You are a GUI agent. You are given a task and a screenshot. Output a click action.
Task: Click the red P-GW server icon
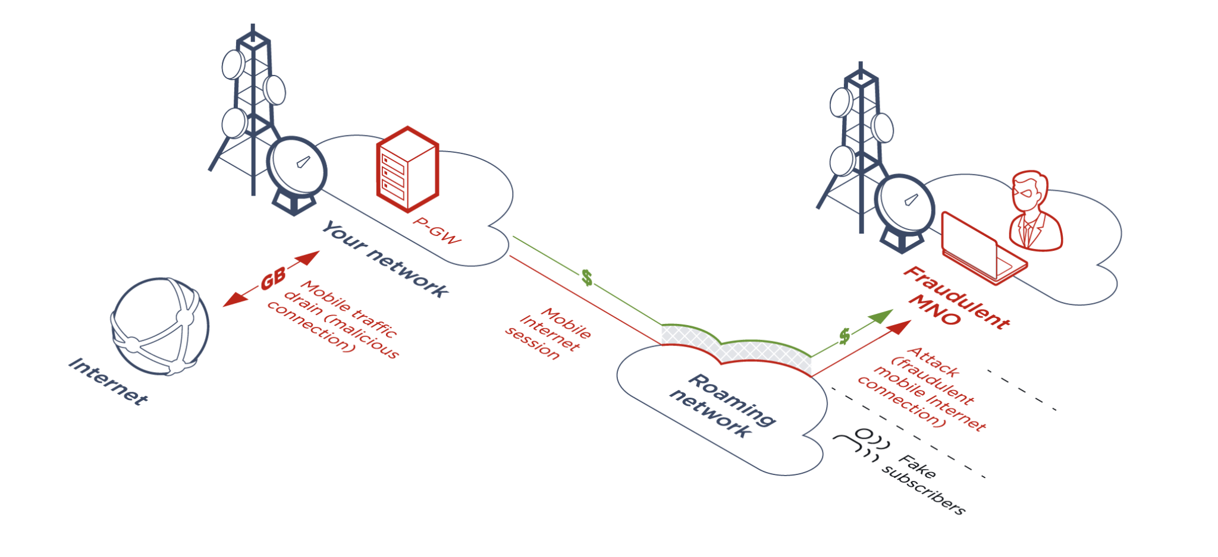tap(408, 169)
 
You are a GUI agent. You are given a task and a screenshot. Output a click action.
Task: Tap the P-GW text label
tap(437, 231)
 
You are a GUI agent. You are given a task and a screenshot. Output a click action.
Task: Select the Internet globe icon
tap(161, 326)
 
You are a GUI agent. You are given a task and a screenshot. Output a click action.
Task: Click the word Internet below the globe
tap(108, 382)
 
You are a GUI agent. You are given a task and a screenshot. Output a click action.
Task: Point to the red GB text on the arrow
tap(273, 278)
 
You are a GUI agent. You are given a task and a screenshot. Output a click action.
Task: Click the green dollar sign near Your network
tap(587, 277)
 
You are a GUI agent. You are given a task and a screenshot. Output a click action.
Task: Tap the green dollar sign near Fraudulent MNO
tap(845, 336)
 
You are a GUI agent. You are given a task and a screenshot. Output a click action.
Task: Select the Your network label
tap(385, 259)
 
